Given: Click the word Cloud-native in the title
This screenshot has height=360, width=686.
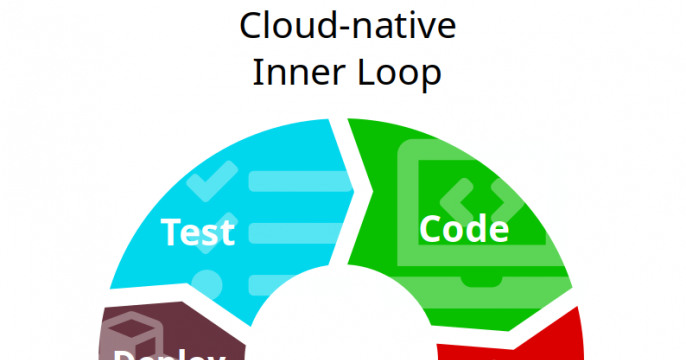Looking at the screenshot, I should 347,27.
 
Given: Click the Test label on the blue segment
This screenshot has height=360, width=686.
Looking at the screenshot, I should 198,231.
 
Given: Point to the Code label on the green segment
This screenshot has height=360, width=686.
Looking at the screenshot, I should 463,229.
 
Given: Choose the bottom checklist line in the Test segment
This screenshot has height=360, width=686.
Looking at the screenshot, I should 290,284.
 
